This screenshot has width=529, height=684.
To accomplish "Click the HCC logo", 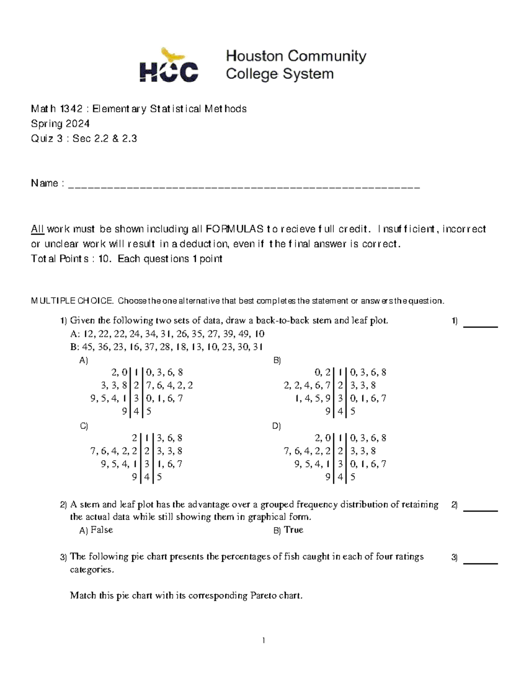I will tap(169, 66).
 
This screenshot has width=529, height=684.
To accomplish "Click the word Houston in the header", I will tap(254, 56).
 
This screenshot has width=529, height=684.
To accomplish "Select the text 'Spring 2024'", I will tap(60, 123).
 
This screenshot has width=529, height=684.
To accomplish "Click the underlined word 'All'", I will tap(37, 229).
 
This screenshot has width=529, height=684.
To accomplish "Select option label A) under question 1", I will tap(84, 360).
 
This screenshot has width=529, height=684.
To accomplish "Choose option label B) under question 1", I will tap(277, 360).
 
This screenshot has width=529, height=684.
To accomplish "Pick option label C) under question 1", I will tap(84, 426).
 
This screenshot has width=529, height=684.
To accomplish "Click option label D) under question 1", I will tap(277, 426).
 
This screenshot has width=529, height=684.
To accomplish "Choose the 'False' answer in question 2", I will tap(102, 530).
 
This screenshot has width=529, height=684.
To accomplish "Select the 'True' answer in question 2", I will tap(294, 530).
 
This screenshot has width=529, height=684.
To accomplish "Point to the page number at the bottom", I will tap(264, 640).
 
